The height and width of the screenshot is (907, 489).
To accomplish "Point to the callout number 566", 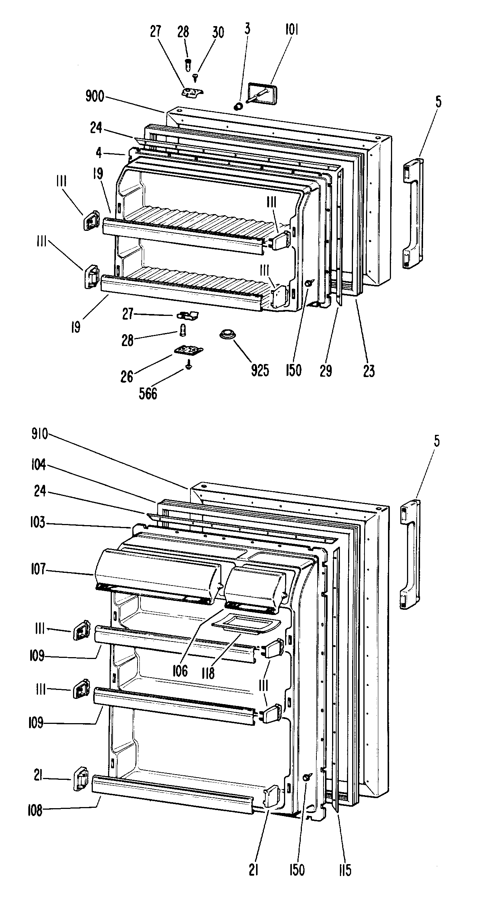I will [148, 393].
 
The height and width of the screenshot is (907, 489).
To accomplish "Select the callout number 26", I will [127, 376].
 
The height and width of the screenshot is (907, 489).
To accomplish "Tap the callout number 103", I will [38, 523].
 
